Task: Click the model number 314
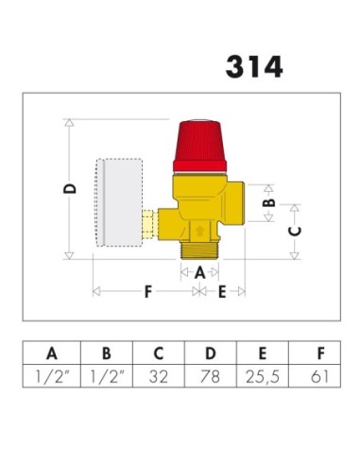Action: tap(253, 67)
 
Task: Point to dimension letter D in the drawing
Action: tap(69, 189)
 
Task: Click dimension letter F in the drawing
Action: tap(147, 292)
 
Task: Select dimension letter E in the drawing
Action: tap(222, 292)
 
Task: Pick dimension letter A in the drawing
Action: tap(197, 271)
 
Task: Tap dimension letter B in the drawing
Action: tap(268, 201)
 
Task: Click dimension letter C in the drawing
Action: tap(294, 230)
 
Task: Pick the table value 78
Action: tap(210, 377)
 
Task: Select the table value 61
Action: tap(320, 377)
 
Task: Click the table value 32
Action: tap(158, 377)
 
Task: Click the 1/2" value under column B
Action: tap(105, 377)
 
